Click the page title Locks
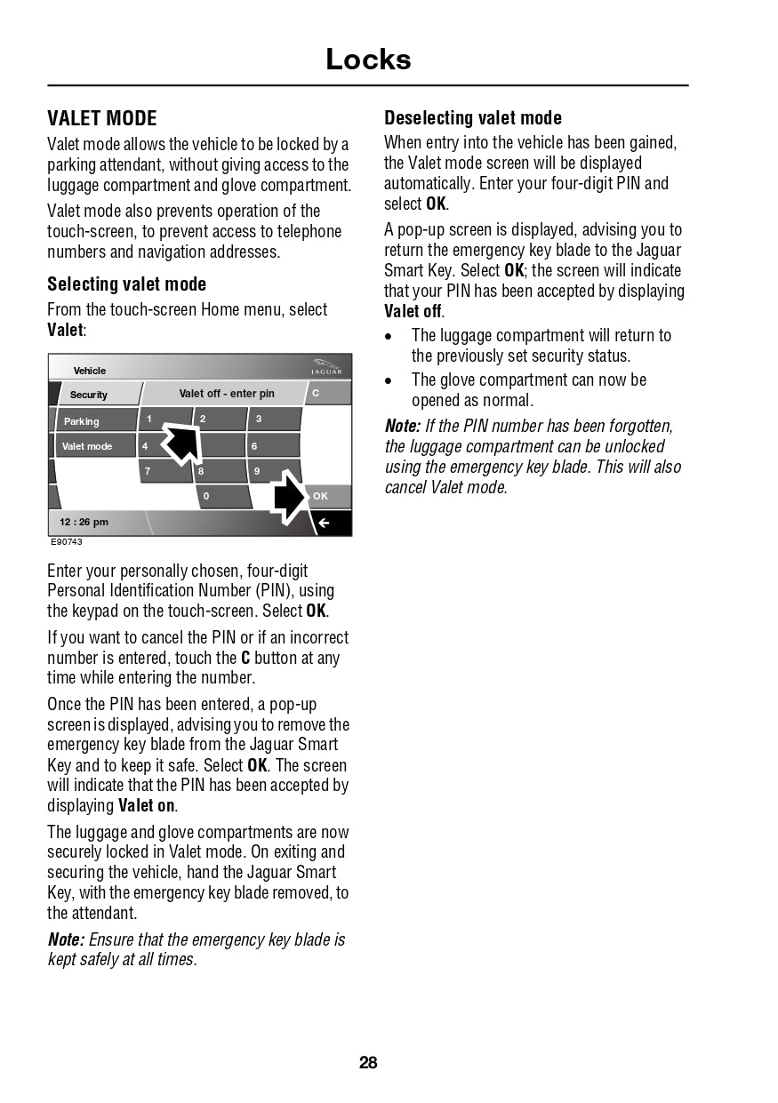(x=368, y=60)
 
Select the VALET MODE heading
(x=102, y=118)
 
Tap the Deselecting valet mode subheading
(x=473, y=118)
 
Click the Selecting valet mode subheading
(x=126, y=284)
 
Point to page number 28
(x=368, y=1062)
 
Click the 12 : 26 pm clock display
(x=84, y=522)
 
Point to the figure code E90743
(x=67, y=542)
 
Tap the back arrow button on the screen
(x=325, y=523)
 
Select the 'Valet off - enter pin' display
(x=227, y=393)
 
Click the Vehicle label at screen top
(x=90, y=371)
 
